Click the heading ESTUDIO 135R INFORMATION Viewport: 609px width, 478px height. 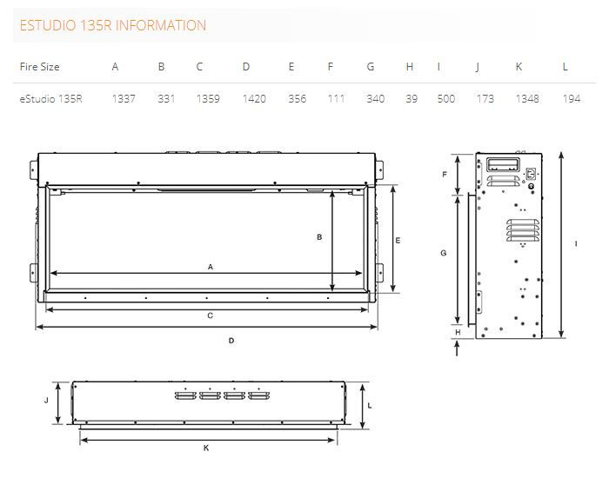tap(112, 25)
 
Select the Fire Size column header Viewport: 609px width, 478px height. tap(39, 67)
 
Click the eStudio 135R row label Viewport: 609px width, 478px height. tap(50, 99)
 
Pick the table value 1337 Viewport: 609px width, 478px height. tap(124, 99)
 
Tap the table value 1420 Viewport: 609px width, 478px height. tap(254, 99)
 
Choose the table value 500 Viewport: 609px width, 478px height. tap(446, 99)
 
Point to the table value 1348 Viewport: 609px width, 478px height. tap(527, 99)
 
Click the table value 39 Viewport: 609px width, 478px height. tap(412, 99)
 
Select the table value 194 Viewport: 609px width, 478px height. tap(572, 99)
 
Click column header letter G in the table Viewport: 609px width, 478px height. tap(371, 67)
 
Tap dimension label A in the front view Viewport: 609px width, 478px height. tap(211, 267)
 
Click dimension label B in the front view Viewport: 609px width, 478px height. tap(319, 236)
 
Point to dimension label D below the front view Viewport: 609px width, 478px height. tap(231, 341)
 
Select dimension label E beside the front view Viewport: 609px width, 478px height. tap(398, 240)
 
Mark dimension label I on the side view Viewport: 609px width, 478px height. tap(576, 244)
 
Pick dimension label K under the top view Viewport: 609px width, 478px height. tap(206, 448)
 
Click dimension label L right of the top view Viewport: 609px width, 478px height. tap(370, 405)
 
